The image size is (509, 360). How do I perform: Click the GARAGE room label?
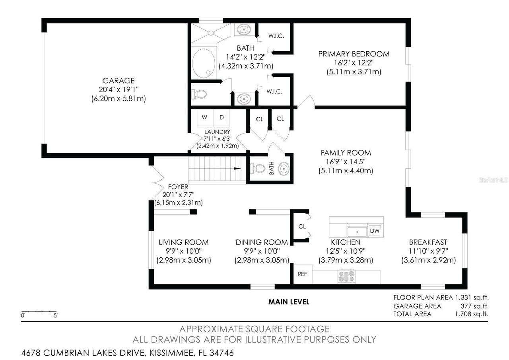pos(118,81)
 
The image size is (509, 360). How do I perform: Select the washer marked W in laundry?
pos(204,117)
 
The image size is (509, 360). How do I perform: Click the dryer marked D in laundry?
pos(221,117)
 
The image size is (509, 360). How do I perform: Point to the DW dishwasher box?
pos(374,231)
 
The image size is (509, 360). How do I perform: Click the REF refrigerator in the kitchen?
pos(302,274)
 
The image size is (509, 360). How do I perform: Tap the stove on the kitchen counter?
pos(346,276)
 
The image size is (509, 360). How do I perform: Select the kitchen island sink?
pos(357,231)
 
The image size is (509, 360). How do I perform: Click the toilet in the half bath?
pos(258,169)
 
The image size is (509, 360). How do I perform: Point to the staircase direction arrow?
pos(237,169)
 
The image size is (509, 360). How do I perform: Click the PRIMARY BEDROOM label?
pos(354,54)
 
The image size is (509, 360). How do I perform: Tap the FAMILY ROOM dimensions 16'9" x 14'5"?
pos(346,162)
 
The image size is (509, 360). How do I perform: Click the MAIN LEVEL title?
pos(288,302)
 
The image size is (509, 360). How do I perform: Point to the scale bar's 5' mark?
pos(55,315)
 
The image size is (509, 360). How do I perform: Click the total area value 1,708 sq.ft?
pos(472,314)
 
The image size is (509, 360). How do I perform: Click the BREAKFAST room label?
pos(428,242)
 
